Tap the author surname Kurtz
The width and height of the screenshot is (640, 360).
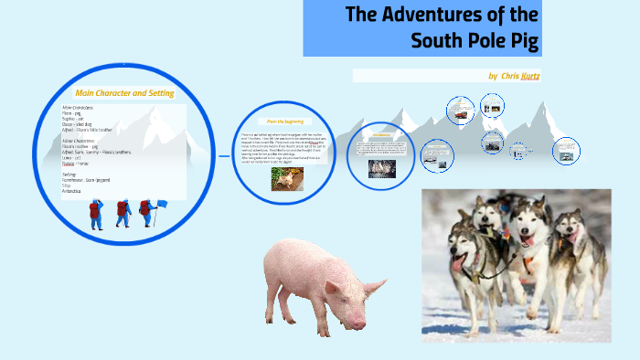530,76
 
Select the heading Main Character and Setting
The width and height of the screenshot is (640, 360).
124,93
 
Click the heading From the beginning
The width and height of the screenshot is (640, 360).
284,121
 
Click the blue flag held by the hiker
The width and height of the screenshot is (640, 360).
162,205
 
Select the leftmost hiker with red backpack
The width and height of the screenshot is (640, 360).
95,214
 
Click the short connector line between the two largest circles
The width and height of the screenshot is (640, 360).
223,156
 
